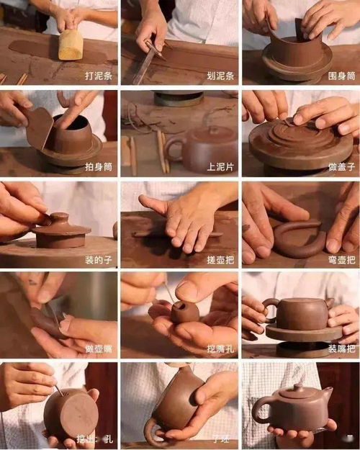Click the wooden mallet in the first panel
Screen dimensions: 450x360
[x=71, y=45]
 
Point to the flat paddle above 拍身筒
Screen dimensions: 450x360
[x=40, y=127]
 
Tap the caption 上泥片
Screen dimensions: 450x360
[x=218, y=167]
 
